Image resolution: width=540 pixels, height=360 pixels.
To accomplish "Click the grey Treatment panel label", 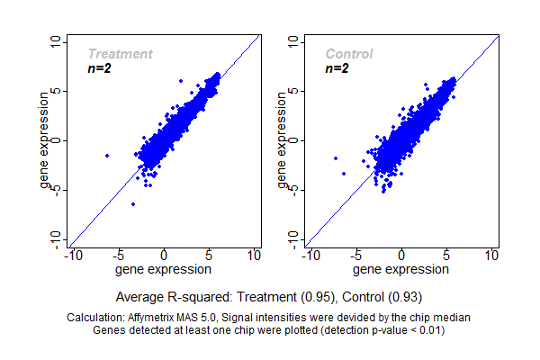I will [x=120, y=54].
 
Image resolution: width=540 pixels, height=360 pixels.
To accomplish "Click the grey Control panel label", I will [x=349, y=54].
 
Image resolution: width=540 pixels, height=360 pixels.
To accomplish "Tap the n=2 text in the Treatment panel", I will [x=99, y=68].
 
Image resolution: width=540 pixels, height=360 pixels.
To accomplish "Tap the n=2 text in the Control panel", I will [x=337, y=68].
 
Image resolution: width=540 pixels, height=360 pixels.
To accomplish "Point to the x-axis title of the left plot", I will [x=165, y=268].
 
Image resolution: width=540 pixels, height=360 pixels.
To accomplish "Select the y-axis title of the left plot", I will [x=45, y=140].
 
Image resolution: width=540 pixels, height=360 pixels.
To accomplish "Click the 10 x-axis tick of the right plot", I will [x=492, y=256].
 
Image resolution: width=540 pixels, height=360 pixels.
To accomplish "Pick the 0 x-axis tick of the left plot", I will [x=165, y=256].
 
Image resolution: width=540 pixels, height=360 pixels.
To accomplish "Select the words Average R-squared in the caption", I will [x=165, y=296].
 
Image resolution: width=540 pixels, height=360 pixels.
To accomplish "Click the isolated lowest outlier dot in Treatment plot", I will [x=133, y=204].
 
